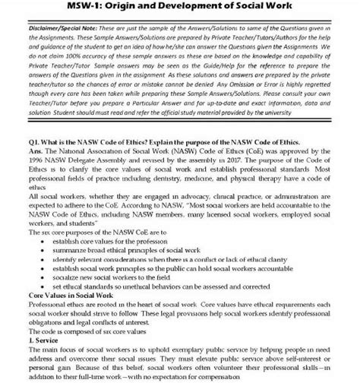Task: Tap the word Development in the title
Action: [x=197, y=9]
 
